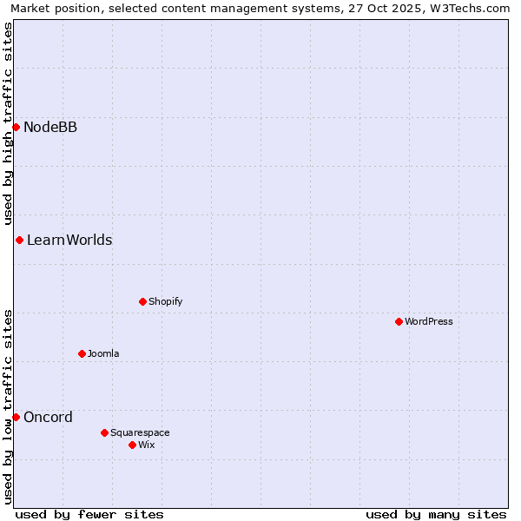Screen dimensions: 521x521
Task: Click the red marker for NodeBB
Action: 16,128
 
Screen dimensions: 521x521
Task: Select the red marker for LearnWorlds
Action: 19,240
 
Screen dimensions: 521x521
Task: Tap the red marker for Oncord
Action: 16,417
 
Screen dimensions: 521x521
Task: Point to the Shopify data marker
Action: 142,301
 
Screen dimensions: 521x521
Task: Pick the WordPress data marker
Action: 399,321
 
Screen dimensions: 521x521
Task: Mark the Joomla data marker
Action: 82,353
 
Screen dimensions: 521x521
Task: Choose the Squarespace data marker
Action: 104,432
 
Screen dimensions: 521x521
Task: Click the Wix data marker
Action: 132,445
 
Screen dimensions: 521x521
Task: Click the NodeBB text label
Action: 50,128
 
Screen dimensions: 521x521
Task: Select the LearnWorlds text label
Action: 69,240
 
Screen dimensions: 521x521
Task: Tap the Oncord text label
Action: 48,417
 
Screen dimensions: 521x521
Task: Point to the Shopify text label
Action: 165,301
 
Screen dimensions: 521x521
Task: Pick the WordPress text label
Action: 429,321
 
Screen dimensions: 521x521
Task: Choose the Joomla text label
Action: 103,353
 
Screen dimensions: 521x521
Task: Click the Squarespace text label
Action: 140,432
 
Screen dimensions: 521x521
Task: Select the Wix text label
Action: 147,445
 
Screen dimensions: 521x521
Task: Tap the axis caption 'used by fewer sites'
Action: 89,514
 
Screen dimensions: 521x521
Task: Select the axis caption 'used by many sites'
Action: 436,514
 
